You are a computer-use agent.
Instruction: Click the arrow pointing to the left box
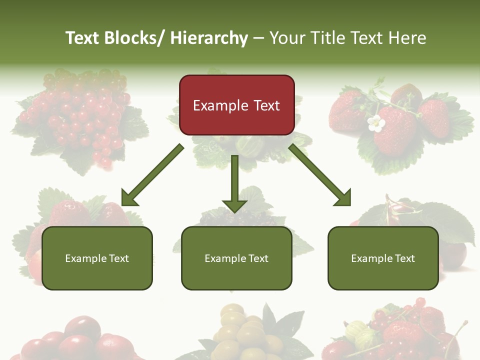click(151, 175)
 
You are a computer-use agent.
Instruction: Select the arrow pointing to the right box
click(320, 175)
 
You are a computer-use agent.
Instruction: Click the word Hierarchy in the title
click(209, 38)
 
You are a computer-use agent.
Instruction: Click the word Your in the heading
click(286, 38)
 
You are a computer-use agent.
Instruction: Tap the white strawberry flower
click(375, 123)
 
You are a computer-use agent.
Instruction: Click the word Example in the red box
click(220, 106)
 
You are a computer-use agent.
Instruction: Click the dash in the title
click(258, 38)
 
